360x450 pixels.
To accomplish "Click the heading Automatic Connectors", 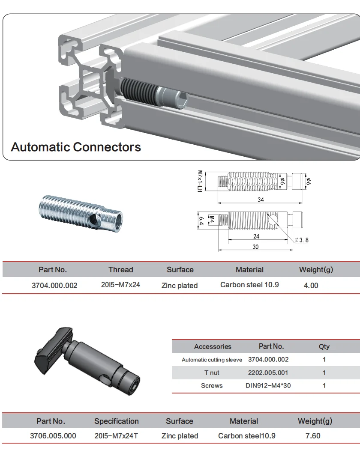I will [x=76, y=147].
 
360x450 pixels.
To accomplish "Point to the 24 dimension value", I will [x=256, y=236].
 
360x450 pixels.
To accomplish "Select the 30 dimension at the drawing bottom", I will [x=255, y=247].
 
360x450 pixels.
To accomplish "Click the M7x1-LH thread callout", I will [x=200, y=182].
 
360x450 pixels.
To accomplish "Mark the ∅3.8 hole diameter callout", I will [x=301, y=240].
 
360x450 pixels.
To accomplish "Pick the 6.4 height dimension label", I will [x=200, y=222].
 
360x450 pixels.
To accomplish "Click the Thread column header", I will [x=120, y=270].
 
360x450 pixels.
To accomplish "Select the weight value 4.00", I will [x=311, y=286].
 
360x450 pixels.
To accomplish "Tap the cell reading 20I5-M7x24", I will [x=120, y=285].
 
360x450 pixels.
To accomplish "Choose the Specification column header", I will [x=117, y=421].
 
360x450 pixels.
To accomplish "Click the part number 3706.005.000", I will [x=53, y=436].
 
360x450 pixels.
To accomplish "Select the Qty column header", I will [x=324, y=347].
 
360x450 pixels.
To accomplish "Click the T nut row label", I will [x=212, y=373].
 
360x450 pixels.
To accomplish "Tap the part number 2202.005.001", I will [x=268, y=373].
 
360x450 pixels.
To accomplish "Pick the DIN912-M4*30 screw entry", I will [x=268, y=385].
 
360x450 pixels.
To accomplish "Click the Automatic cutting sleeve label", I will [x=212, y=360].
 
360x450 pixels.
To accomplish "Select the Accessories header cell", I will [x=213, y=347].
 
